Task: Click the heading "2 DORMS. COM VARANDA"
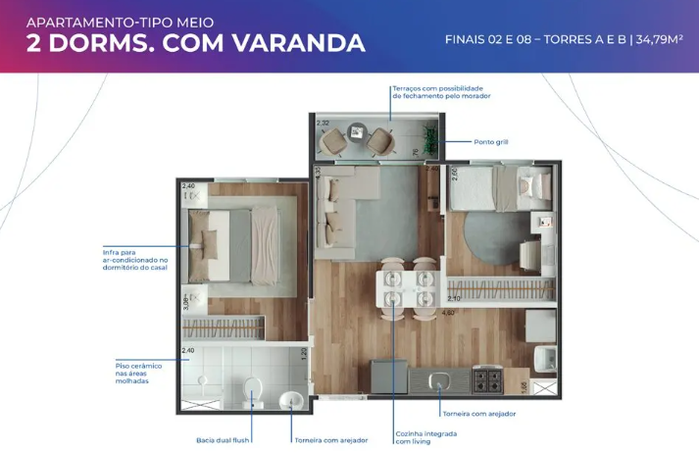coord(196,43)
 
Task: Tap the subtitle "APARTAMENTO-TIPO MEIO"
coord(120,21)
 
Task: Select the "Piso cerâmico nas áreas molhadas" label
coord(132,373)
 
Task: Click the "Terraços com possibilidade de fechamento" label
coord(441,92)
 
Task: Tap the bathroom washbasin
coord(291,399)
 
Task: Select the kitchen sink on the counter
coord(439,377)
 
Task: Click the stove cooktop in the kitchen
coord(488,377)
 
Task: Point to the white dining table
coord(405,289)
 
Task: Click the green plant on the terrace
coord(425,137)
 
